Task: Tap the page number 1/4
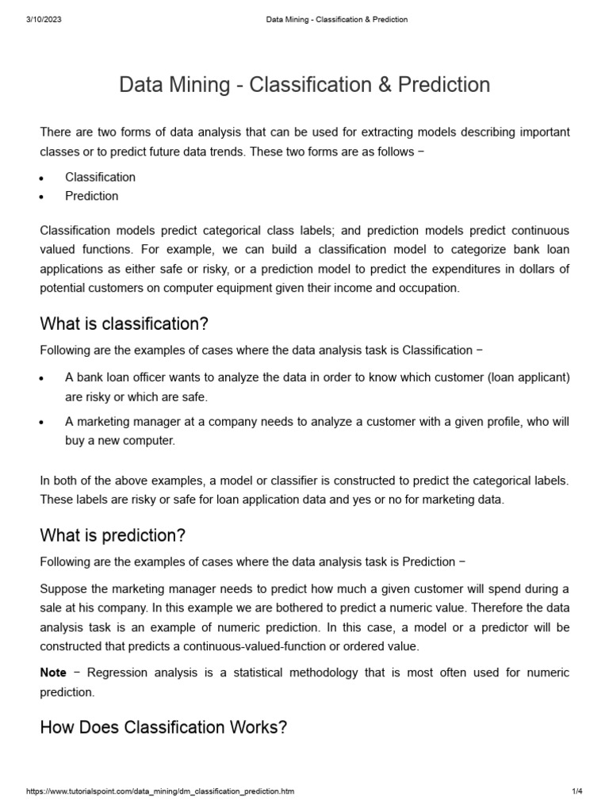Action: (x=576, y=791)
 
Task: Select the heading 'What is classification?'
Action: (x=124, y=324)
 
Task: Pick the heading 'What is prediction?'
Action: (x=113, y=535)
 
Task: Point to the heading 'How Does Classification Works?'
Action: (x=163, y=727)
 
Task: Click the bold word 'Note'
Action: (x=53, y=672)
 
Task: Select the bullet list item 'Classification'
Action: (x=100, y=177)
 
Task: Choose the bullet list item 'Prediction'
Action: (x=91, y=196)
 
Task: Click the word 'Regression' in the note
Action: (x=117, y=672)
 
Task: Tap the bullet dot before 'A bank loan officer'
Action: (x=42, y=378)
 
